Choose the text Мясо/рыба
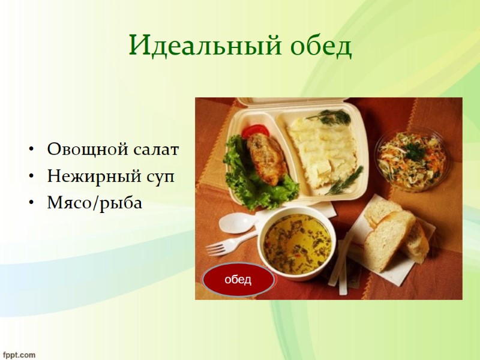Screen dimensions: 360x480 [95, 203]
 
